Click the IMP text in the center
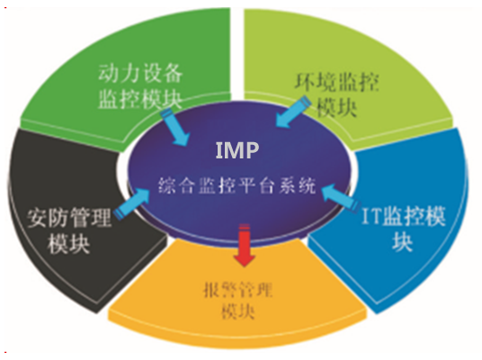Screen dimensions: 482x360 coord(237,150)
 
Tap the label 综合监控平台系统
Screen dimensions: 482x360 coord(237,185)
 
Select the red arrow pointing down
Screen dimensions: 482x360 coord(245,245)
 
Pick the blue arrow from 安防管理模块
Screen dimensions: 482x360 coord(131,203)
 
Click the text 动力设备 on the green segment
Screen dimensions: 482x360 coord(140,73)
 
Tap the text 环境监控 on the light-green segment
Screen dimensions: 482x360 coord(336,82)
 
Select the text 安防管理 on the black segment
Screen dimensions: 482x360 coord(69,218)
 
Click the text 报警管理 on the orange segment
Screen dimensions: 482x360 coord(237,290)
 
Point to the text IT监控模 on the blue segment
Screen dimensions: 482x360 coord(403,216)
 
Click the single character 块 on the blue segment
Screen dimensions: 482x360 coord(402,241)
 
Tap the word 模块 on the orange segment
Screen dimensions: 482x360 coord(238,311)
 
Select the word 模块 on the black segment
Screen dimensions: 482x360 coord(68,244)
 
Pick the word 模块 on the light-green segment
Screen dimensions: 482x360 coord(336,108)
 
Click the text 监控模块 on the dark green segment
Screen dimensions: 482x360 coord(140,99)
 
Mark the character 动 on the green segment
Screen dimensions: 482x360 coord(109,73)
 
